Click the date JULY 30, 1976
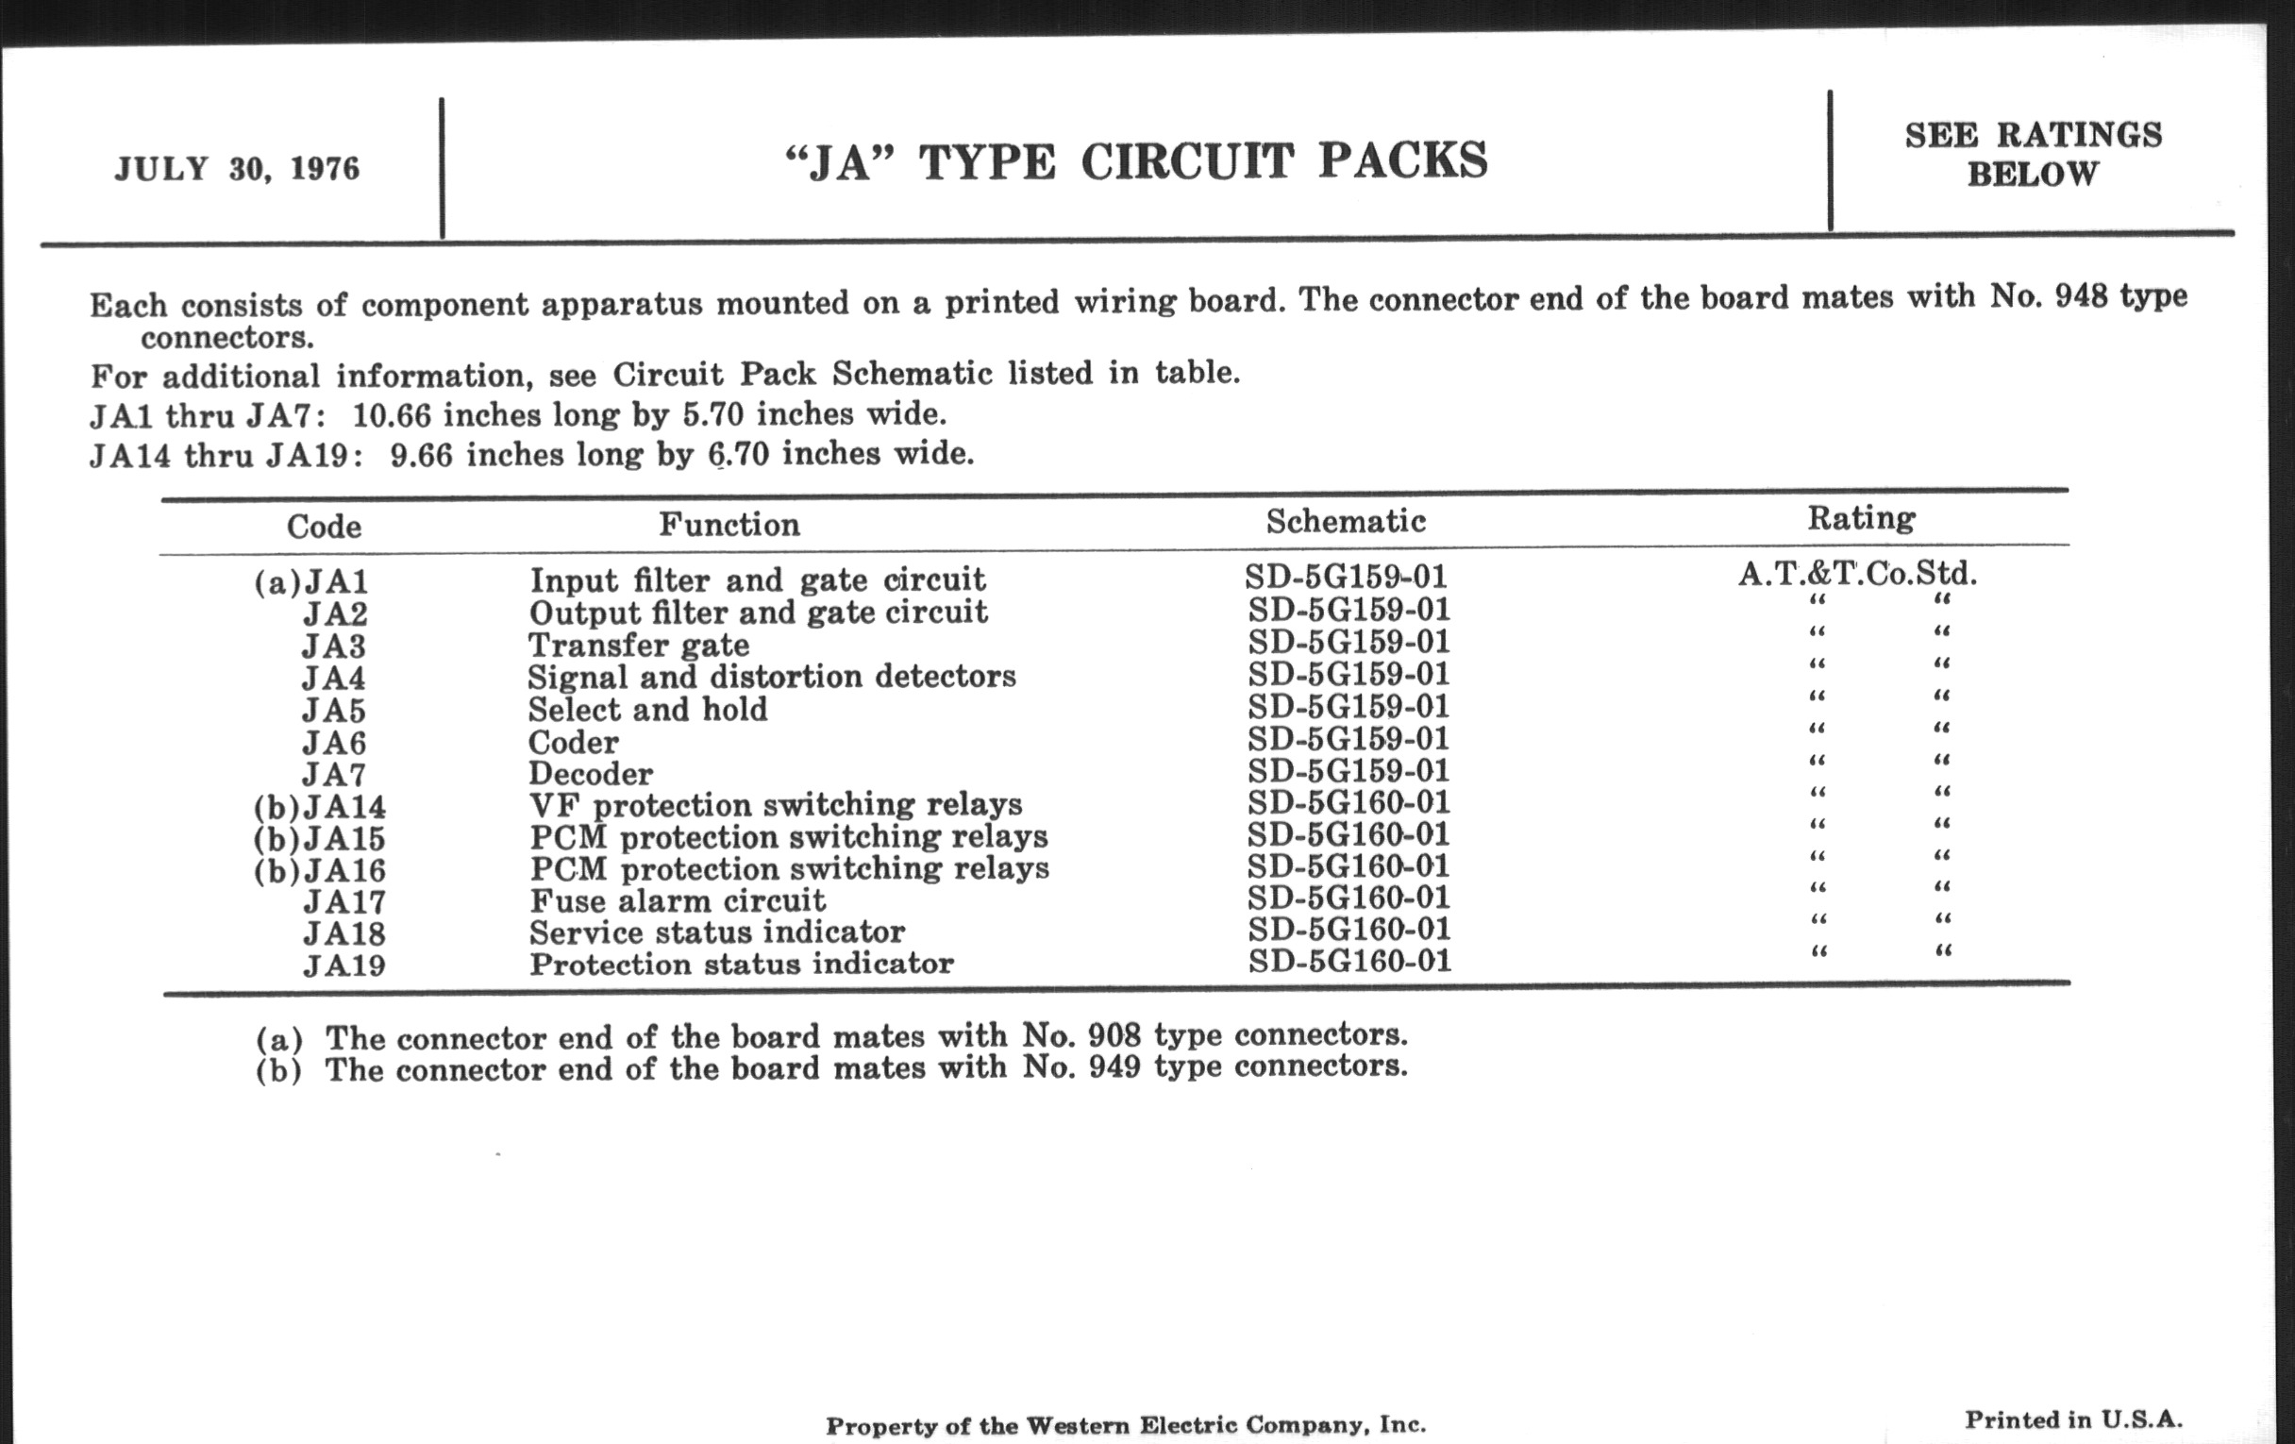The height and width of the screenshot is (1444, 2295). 236,169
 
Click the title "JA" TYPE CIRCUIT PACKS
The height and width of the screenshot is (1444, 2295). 1136,161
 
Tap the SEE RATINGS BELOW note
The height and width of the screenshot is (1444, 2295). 2033,155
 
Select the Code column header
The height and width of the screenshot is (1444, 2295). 324,526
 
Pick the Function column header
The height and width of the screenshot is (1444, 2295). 729,524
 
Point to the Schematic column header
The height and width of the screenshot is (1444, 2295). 1346,521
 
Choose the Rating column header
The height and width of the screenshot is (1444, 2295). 1861,517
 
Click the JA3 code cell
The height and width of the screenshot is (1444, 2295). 333,646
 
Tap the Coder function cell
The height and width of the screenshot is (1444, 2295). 573,742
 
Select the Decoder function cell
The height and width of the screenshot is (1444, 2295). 591,773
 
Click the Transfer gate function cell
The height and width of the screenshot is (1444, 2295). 639,646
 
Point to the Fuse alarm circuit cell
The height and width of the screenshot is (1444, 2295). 677,900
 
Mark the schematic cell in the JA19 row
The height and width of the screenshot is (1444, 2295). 1349,961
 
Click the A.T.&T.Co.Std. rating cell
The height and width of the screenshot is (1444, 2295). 1857,574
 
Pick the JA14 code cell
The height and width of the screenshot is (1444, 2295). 344,807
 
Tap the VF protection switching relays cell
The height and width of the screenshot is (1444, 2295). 775,805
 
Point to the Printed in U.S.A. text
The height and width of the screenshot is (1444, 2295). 2073,1419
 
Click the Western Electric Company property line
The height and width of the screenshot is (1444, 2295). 1126,1425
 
